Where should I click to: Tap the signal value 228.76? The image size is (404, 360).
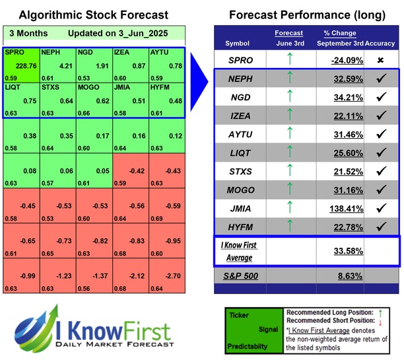click(25, 65)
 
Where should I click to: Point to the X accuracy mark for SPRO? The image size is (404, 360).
click(381, 59)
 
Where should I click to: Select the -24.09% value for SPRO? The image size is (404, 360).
click(349, 59)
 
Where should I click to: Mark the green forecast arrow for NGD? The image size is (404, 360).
click(288, 97)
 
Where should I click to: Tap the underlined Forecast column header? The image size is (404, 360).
click(288, 33)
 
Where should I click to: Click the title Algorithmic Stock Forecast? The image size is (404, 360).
click(93, 15)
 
